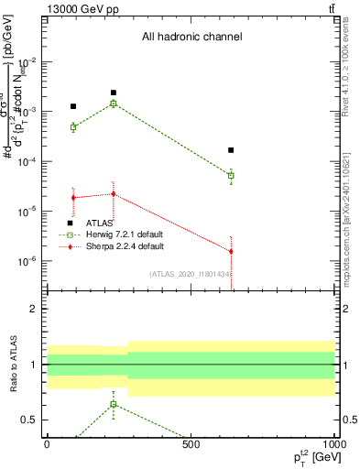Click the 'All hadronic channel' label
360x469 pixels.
tap(191, 38)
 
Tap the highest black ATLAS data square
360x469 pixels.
tap(114, 93)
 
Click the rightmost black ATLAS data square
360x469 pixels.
tap(231, 149)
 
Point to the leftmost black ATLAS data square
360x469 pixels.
tap(73, 106)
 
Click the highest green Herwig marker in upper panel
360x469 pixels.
tap(114, 104)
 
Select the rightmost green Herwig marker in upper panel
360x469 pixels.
tap(231, 175)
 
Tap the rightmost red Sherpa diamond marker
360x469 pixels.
tap(231, 251)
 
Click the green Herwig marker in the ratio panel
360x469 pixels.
tap(114, 404)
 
